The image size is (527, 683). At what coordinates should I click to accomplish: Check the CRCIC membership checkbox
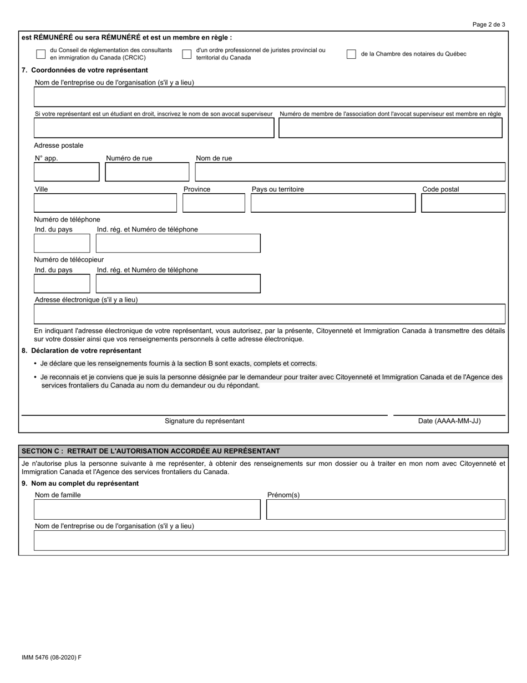pyautogui.click(x=40, y=54)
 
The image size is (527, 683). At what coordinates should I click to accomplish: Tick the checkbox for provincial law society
pyautogui.click(x=187, y=54)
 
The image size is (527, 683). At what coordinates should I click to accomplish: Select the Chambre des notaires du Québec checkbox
pyautogui.click(x=351, y=54)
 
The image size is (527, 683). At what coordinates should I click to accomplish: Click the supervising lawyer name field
pyautogui.click(x=154, y=128)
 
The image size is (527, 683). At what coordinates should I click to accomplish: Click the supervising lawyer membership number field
pyautogui.click(x=390, y=128)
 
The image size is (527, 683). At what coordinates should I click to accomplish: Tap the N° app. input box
pyautogui.click(x=67, y=172)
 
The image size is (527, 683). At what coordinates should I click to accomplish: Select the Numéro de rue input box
pyautogui.click(x=147, y=172)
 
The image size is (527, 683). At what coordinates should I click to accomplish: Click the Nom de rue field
pyautogui.click(x=350, y=172)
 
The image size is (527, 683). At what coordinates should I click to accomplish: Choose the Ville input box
pyautogui.click(x=105, y=203)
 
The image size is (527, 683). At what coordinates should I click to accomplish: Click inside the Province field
pyautogui.click(x=214, y=203)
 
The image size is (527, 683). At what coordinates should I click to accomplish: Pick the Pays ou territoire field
pyautogui.click(x=333, y=203)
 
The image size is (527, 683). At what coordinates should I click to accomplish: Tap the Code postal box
pyautogui.click(x=463, y=203)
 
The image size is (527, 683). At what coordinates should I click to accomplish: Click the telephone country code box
pyautogui.click(x=62, y=243)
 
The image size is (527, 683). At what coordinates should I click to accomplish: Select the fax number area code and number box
pyautogui.click(x=178, y=284)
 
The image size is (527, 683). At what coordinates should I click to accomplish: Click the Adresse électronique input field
pyautogui.click(x=270, y=314)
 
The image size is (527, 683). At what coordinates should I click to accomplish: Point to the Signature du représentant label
pyautogui.click(x=204, y=421)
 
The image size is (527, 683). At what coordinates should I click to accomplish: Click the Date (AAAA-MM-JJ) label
pyautogui.click(x=449, y=421)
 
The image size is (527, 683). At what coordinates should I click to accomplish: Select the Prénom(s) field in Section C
pyautogui.click(x=386, y=509)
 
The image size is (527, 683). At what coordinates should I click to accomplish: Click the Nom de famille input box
pyautogui.click(x=147, y=509)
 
